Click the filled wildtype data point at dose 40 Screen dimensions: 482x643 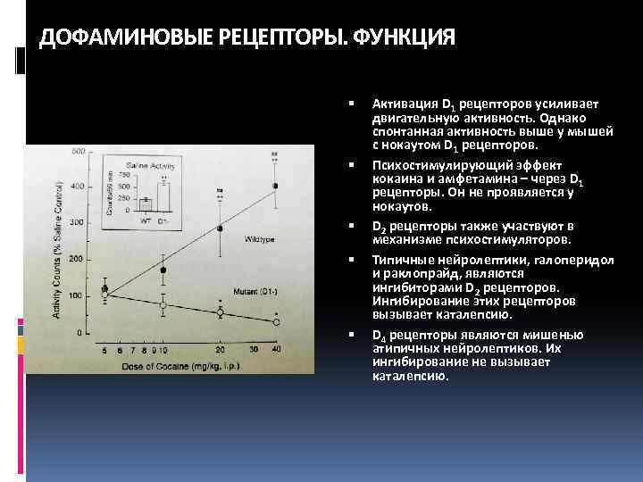275,186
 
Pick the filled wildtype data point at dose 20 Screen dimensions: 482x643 221,229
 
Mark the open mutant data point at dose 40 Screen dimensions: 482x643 275,321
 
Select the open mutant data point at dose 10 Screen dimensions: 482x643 163,305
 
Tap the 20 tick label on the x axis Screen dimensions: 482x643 221,350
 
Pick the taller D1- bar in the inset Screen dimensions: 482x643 163,195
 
